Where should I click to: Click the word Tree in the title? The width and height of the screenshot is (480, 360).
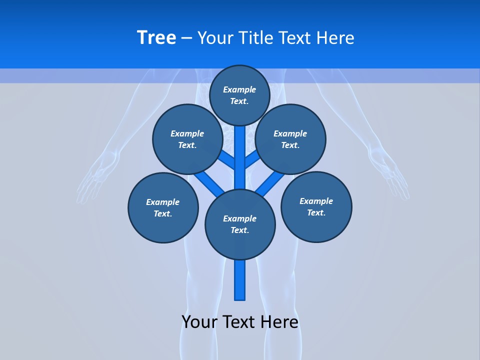[156, 38]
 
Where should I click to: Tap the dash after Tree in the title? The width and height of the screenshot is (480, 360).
[186, 38]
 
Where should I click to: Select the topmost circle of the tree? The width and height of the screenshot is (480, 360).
[239, 95]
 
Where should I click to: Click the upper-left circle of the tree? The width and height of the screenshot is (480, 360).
[187, 139]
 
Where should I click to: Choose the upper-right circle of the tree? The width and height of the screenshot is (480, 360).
[290, 139]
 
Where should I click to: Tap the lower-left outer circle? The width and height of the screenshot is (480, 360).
[163, 207]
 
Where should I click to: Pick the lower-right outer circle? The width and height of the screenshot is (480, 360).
[316, 206]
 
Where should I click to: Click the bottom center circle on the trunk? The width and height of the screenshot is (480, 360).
[240, 224]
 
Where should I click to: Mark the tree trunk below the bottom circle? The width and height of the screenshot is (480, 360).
[240, 280]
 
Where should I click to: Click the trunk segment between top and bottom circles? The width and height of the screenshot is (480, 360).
[240, 160]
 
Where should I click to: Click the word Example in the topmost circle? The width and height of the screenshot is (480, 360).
[239, 90]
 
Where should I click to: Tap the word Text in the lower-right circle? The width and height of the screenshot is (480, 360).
[316, 212]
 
